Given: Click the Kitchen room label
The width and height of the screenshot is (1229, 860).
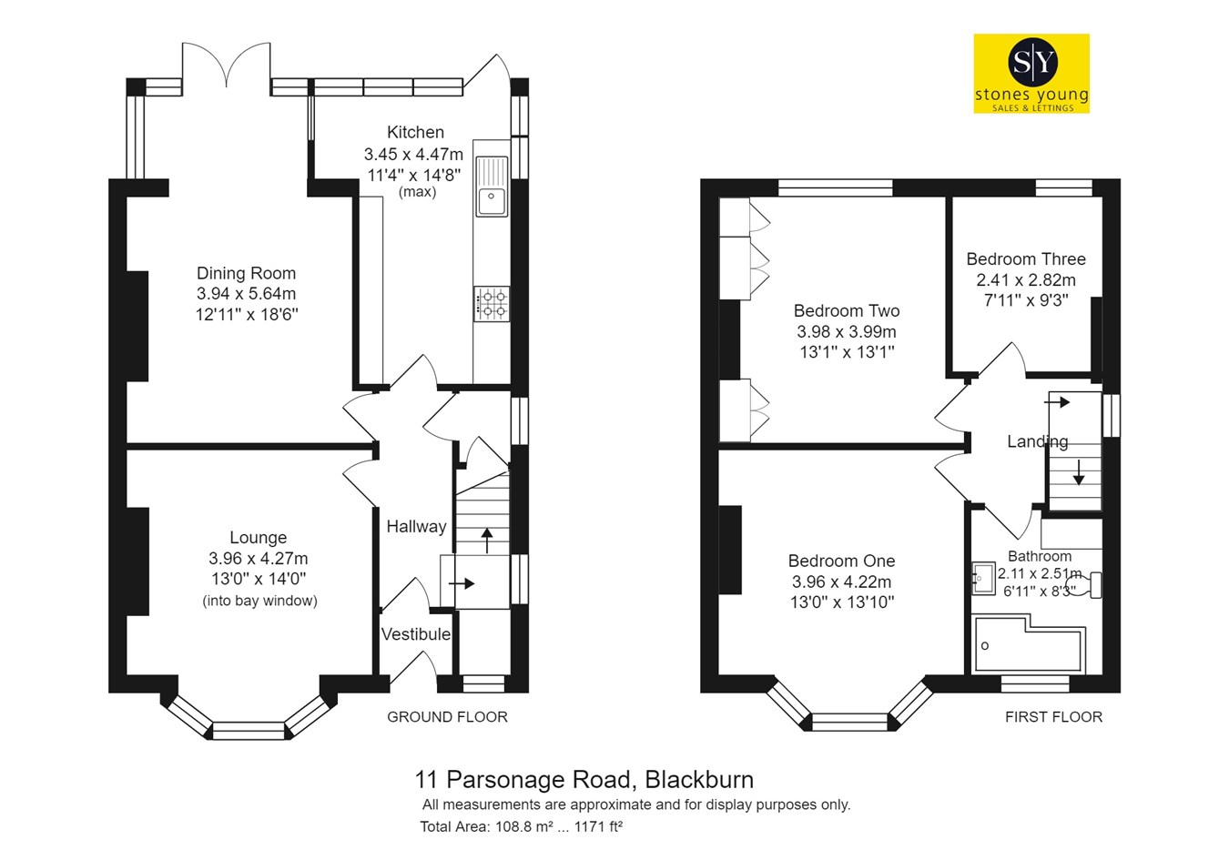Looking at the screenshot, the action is (415, 132).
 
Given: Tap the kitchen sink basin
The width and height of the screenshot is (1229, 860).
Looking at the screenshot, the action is (493, 200).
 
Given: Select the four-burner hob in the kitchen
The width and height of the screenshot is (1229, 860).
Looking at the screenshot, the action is (493, 304).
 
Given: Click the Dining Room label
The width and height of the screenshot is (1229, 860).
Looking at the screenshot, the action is (247, 273).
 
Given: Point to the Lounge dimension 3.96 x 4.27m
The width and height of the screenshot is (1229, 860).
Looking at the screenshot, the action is (259, 559).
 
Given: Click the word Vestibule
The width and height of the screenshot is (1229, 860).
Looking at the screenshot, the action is (416, 634).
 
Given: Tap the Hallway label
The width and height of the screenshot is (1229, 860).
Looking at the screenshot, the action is (416, 527).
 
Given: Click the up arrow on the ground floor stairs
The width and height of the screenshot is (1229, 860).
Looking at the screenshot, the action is (487, 541).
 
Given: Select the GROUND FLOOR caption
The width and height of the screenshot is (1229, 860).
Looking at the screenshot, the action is (447, 717).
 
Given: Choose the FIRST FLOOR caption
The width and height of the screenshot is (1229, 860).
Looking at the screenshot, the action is (1053, 717).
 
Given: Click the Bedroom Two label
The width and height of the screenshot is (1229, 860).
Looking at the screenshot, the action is (847, 311).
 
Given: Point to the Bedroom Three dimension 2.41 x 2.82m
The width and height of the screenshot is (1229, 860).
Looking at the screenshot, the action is (1026, 279).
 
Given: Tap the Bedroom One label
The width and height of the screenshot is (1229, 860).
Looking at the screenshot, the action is (842, 561).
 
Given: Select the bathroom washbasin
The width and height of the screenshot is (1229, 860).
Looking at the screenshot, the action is (983, 578).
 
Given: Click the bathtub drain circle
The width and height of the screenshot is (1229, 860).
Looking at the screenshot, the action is (985, 645).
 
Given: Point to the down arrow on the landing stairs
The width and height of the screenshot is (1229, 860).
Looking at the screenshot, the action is (1079, 472).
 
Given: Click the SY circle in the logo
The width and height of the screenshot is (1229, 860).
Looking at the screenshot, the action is (1032, 63).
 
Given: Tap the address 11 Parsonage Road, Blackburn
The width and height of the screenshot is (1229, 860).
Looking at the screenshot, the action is (584, 779).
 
